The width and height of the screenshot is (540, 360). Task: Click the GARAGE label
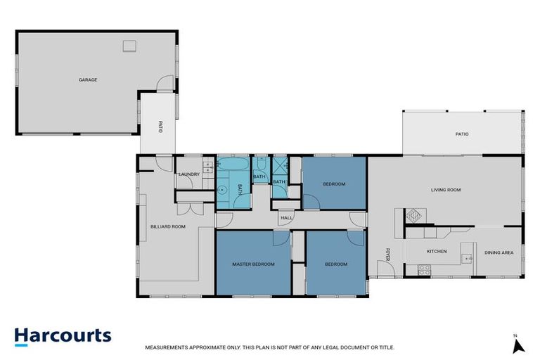pyautogui.click(x=88, y=80)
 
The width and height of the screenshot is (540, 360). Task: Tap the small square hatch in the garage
pyautogui.click(x=129, y=46)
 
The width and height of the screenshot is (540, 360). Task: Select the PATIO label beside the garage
pyautogui.click(x=160, y=127)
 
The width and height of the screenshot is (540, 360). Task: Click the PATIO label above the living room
pyautogui.click(x=461, y=134)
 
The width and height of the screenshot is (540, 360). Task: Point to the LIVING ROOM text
pyautogui.click(x=446, y=190)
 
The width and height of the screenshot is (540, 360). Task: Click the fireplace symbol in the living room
pyautogui.click(x=413, y=215)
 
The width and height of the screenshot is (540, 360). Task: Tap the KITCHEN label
pyautogui.click(x=437, y=251)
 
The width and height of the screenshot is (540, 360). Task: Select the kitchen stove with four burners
pyautogui.click(x=425, y=269)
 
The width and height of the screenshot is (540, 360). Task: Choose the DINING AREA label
pyautogui.click(x=499, y=252)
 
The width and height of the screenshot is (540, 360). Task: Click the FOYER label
pyautogui.click(x=387, y=253)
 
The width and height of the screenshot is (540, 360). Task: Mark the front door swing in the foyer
pyautogui.click(x=385, y=268)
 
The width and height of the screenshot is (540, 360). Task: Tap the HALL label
pyautogui.click(x=286, y=218)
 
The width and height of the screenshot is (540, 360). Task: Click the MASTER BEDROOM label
pyautogui.click(x=253, y=264)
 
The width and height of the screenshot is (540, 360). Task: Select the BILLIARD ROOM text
pyautogui.click(x=168, y=226)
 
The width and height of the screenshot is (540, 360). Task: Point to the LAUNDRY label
pyautogui.click(x=189, y=174)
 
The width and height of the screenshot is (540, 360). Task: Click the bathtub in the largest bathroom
pyautogui.click(x=231, y=166)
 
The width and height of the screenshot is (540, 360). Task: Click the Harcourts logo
pyautogui.click(x=63, y=335)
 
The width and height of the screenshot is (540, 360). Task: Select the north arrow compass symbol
pyautogui.click(x=517, y=345)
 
